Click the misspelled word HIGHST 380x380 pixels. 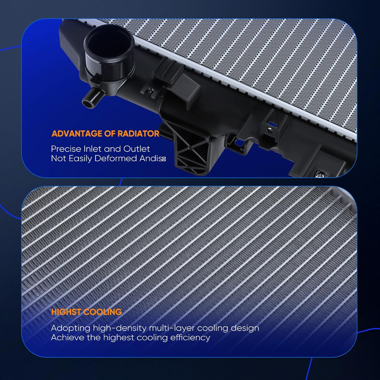coord(66,312)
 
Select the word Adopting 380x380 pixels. coord(70,328)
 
